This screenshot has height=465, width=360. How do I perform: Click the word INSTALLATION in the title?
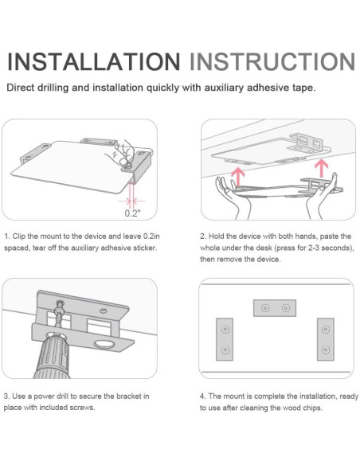93,61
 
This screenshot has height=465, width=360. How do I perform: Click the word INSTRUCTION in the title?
272,61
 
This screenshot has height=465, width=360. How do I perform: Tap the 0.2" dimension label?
132,213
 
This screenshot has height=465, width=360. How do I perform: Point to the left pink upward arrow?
237,177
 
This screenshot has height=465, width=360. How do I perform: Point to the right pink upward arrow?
322,168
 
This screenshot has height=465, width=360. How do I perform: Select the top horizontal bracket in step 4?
275,308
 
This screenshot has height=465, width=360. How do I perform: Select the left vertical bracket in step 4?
225,339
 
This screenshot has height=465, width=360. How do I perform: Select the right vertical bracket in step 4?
325,339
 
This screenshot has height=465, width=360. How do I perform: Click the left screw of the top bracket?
265,308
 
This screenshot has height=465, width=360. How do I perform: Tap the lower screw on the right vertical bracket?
326,350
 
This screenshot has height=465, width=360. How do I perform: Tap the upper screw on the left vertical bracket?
225,329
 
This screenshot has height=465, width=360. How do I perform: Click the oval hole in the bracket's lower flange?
104,344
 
